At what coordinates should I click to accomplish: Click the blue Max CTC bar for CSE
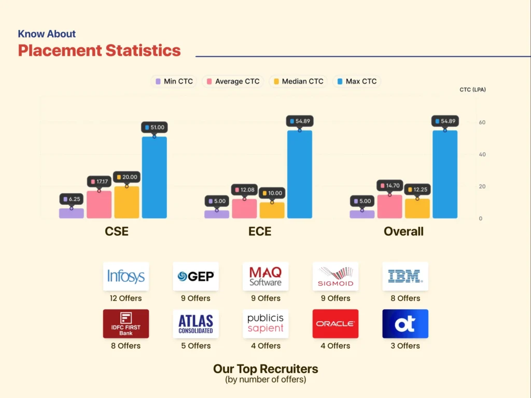point(154,177)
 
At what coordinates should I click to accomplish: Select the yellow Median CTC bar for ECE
point(272,210)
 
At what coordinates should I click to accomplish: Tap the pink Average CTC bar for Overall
point(390,206)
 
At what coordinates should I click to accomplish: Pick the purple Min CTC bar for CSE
point(72,213)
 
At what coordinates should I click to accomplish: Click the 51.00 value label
point(155,127)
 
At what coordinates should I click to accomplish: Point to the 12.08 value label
point(245,190)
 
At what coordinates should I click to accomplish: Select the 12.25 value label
point(417,189)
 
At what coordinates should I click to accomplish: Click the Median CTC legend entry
point(298,81)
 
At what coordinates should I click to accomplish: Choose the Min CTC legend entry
point(174,81)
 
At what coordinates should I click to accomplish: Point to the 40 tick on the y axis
point(482,154)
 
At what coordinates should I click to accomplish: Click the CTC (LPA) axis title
point(472,90)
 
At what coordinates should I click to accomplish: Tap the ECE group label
point(260,232)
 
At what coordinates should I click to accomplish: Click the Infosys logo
point(126,276)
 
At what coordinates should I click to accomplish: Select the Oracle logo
point(336,323)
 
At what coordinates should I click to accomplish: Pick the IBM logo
point(406,276)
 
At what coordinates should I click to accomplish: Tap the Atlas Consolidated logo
point(195,323)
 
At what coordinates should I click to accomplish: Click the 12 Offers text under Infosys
point(125,298)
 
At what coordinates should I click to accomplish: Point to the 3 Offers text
point(406,346)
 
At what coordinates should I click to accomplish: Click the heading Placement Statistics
point(99,50)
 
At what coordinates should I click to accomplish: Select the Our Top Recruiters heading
point(265,368)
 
